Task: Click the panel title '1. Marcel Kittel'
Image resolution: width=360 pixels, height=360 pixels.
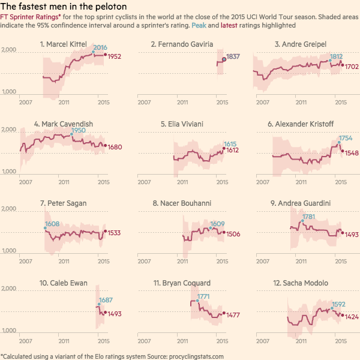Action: [64, 44]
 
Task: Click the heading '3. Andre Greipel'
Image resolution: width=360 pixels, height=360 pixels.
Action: [299, 44]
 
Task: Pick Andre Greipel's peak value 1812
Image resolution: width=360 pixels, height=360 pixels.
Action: [335, 56]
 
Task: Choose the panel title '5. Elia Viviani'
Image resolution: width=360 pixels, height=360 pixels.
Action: [182, 124]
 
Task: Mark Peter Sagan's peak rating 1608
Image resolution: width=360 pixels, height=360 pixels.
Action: [52, 224]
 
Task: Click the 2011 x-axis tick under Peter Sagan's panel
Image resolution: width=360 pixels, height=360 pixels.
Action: [64, 262]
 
